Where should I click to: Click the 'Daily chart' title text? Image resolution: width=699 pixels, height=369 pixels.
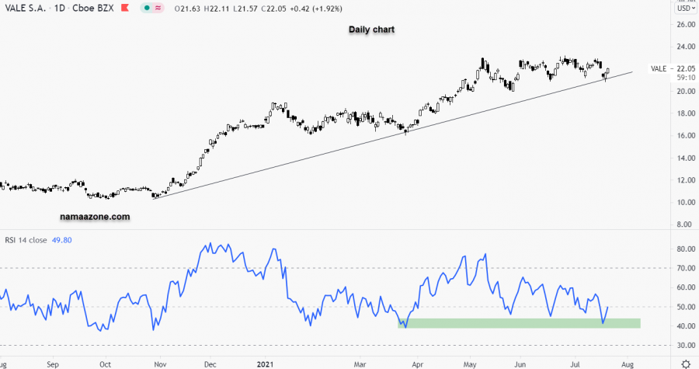371,30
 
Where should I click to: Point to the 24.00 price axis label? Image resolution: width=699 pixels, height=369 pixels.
685,47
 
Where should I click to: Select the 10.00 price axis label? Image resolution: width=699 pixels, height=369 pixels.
685,203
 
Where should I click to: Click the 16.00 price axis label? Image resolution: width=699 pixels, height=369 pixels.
685,136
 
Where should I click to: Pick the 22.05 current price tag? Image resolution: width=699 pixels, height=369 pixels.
686,68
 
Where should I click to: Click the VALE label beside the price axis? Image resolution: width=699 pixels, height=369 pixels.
659,68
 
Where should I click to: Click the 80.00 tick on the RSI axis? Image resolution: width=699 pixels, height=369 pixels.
685,250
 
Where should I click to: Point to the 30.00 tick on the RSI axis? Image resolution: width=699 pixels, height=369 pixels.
685,345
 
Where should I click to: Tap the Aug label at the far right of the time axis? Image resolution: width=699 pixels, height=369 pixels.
628,363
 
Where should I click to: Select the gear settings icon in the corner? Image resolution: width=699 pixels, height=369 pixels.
686,363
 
